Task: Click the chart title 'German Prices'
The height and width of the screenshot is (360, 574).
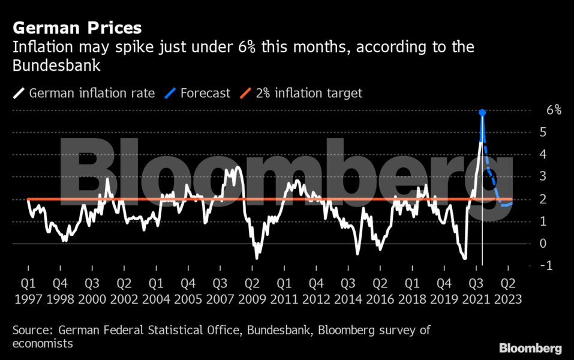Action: [77, 28]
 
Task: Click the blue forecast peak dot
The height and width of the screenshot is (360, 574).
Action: [482, 112]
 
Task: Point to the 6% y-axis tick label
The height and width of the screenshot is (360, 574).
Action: [553, 110]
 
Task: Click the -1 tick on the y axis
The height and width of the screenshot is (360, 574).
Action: [546, 266]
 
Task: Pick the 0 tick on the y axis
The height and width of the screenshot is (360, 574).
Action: [543, 244]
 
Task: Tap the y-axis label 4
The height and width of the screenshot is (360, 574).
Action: [543, 154]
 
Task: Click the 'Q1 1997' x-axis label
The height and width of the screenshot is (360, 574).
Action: [28, 291]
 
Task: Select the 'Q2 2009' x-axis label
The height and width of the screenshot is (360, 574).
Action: [252, 291]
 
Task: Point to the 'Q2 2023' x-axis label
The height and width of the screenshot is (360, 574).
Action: [507, 291]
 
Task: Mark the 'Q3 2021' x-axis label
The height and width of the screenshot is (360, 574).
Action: [475, 291]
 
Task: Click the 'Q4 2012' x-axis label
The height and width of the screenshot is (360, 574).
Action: [316, 291]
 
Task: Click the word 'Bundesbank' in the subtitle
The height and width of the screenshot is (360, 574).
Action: [56, 66]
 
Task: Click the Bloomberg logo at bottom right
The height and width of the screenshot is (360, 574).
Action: [530, 348]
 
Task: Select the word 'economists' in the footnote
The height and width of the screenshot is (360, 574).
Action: [43, 344]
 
